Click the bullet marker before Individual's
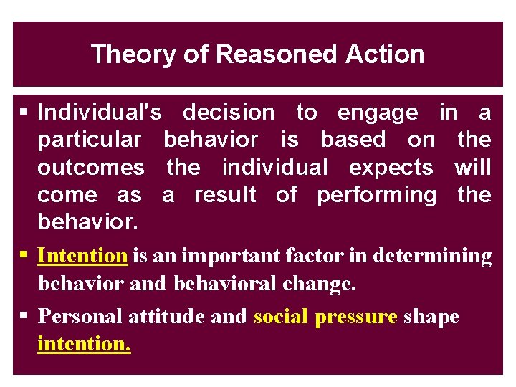point(24,113)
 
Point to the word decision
point(229,113)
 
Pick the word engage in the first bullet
point(378,113)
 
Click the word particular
point(90,140)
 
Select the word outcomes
point(90,167)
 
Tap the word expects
point(391,167)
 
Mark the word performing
point(376,195)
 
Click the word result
point(226,194)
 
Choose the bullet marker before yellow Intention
point(24,256)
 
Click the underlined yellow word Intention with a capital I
point(82,256)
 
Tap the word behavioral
point(224,284)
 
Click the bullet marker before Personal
point(24,316)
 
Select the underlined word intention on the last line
point(84,344)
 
